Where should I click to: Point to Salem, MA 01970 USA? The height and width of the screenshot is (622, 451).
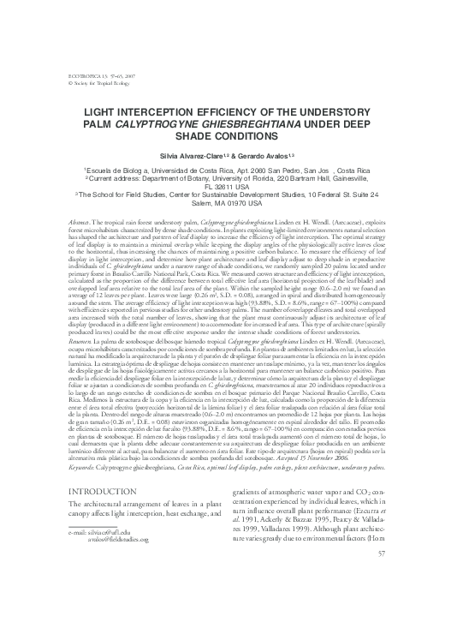click(x=225, y=205)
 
